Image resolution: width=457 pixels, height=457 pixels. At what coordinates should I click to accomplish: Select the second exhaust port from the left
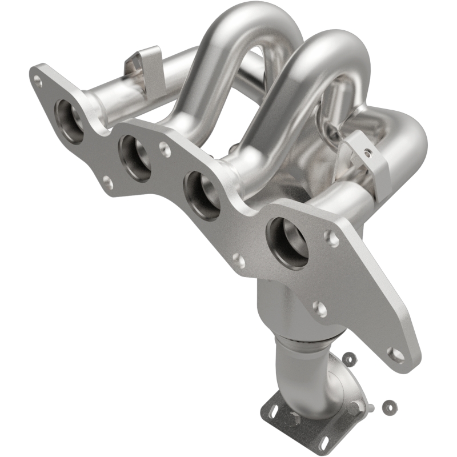coord(135,158)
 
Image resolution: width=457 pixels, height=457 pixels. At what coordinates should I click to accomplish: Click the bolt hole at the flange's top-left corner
coord(38,81)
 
